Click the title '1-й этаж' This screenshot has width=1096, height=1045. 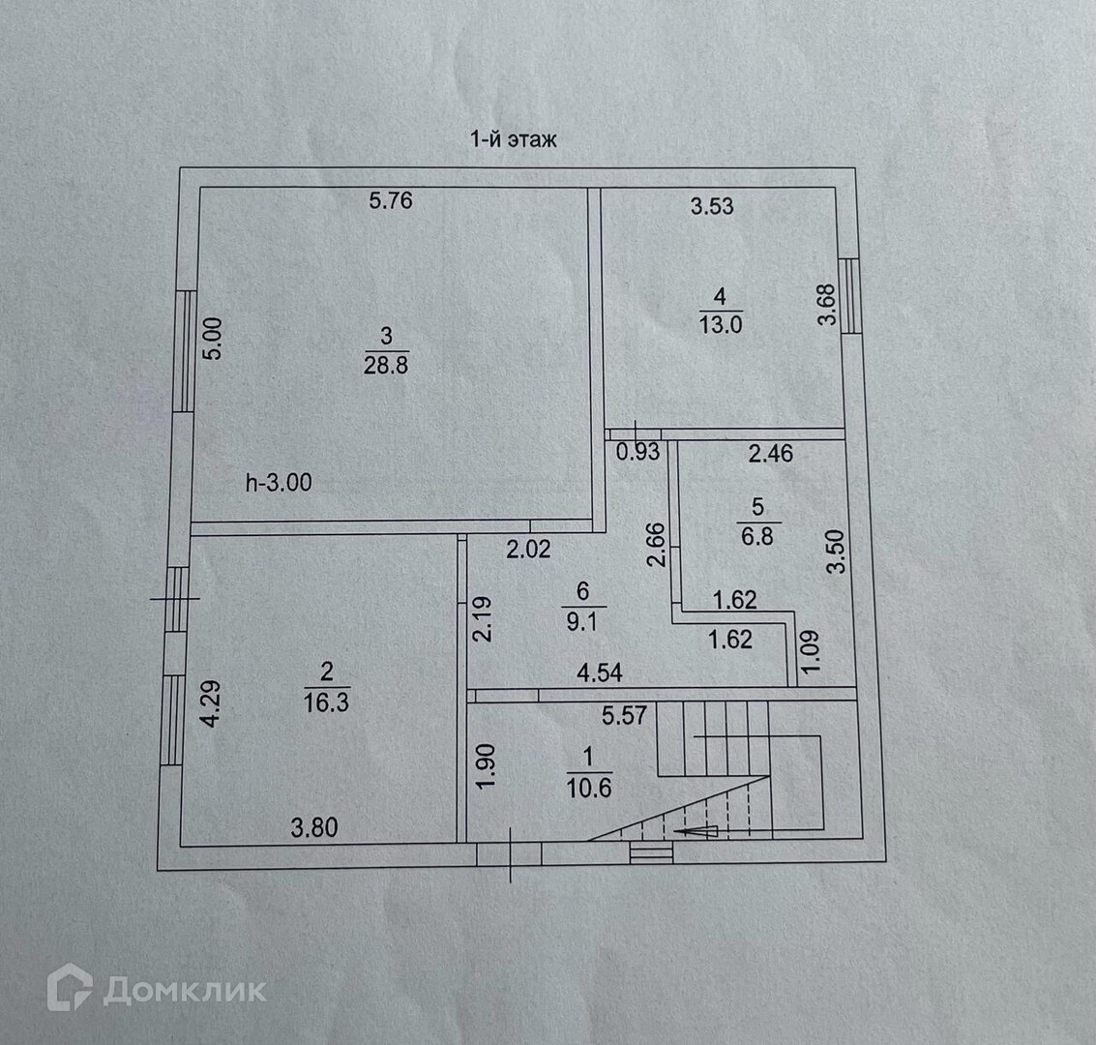pos(513,139)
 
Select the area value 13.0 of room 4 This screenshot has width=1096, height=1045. pos(721,325)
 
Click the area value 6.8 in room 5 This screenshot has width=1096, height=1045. pos(757,535)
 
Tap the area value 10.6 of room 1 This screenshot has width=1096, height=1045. pos(589,788)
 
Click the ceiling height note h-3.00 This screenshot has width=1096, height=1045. pos(279,482)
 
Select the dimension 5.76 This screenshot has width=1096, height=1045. pos(391,201)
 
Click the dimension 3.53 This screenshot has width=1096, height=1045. pos(712,205)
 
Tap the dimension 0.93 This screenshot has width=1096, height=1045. pos(638,451)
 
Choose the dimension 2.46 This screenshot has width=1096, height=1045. pos(770,452)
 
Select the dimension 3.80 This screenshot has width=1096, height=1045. pos(314,827)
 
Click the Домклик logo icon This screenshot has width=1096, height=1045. pos(70,990)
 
